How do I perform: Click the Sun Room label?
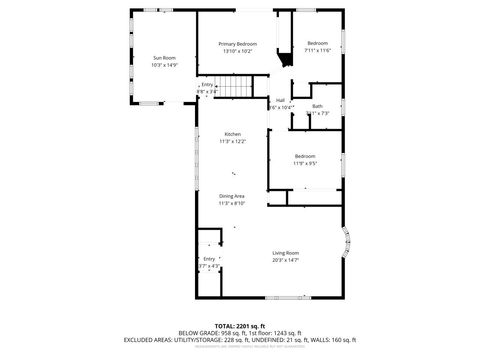point(164,58)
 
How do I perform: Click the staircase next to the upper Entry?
point(233,90)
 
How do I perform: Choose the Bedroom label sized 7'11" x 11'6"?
point(318,43)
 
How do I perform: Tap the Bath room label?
point(317,106)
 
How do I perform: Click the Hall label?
point(281,99)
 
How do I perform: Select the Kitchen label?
point(232,134)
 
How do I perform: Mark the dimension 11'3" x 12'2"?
point(232,141)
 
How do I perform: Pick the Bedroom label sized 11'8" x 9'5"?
point(305,156)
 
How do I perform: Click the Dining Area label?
point(232,196)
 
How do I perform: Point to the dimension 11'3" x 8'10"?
point(232,203)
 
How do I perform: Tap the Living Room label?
point(286,253)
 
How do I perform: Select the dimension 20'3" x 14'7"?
point(286,260)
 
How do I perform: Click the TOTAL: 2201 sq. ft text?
point(239,325)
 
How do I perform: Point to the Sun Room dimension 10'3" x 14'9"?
point(164,65)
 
